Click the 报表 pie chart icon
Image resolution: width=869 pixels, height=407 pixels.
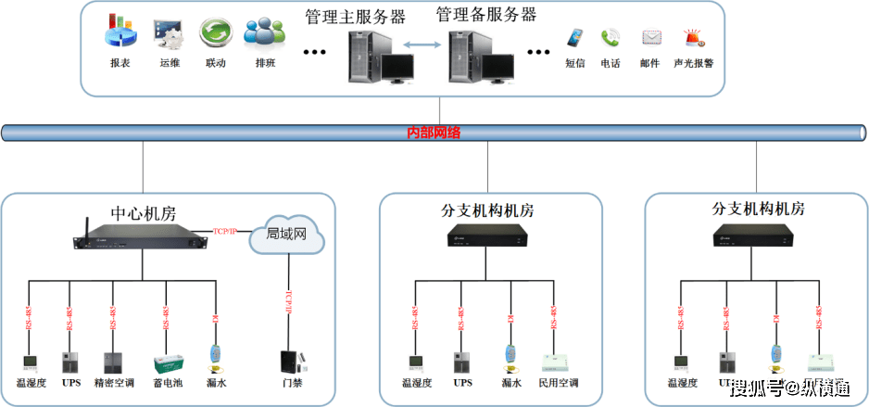click(x=120, y=33)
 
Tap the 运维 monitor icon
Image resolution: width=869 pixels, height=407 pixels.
click(x=169, y=33)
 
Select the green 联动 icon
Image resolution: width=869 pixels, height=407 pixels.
click(x=215, y=33)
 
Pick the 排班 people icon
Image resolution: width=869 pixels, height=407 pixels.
click(x=264, y=32)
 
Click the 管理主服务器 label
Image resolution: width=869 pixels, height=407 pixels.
click(x=342, y=17)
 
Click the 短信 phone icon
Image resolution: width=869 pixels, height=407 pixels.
click(x=576, y=38)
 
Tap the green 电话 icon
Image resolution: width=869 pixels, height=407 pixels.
click(x=610, y=38)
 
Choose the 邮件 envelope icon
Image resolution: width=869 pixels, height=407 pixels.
click(x=650, y=38)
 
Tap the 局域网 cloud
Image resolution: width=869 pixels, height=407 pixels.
click(x=286, y=237)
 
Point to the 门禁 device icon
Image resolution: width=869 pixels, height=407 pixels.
click(x=291, y=362)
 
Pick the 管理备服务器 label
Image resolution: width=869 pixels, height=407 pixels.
click(x=485, y=15)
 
